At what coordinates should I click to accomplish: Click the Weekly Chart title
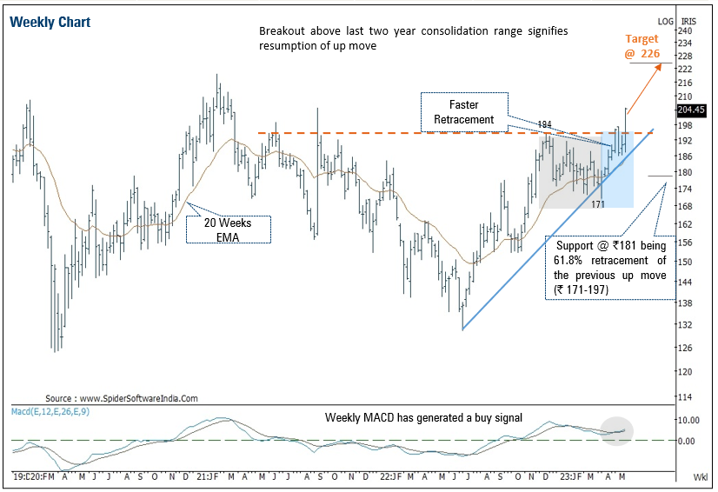pos(51,22)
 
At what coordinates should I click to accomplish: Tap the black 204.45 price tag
pos(693,110)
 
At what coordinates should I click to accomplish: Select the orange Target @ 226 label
pos(642,46)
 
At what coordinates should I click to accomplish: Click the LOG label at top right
pos(666,19)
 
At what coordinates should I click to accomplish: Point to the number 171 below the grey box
pos(598,204)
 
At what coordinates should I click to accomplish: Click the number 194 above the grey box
pos(545,125)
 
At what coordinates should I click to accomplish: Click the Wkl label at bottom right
pos(701,478)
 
